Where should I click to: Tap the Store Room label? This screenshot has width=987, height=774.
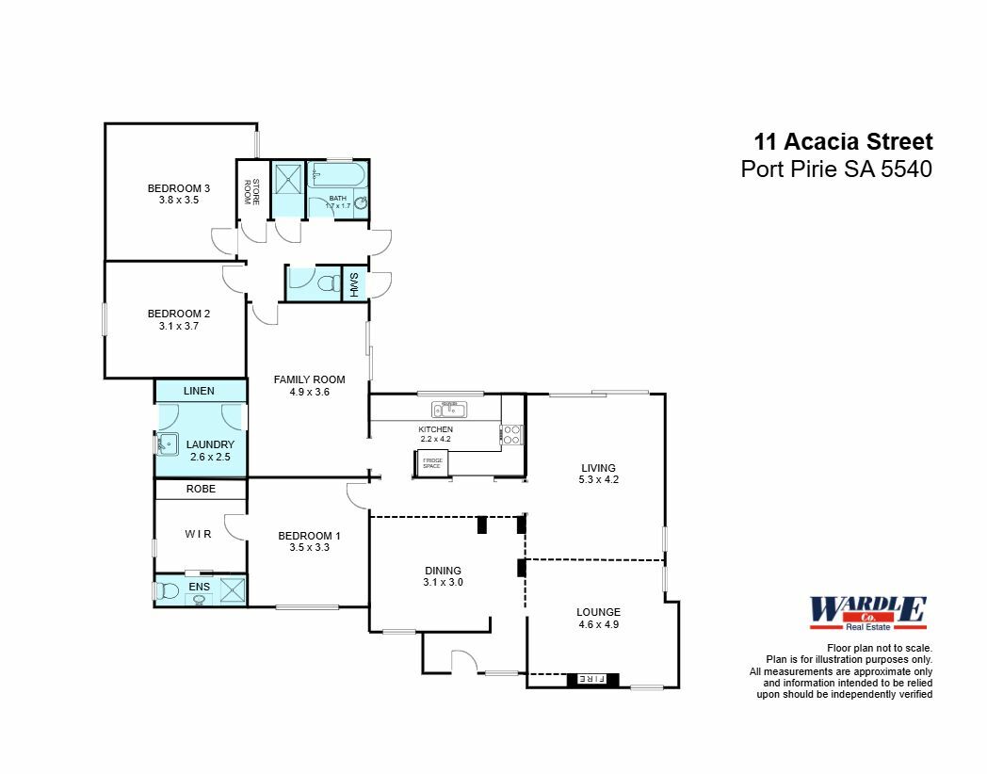pyautogui.click(x=251, y=191)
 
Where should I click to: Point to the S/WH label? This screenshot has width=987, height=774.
pyautogui.click(x=354, y=284)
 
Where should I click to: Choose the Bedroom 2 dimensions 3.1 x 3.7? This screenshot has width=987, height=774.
pyautogui.click(x=178, y=326)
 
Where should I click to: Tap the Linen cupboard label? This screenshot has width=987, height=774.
pyautogui.click(x=199, y=391)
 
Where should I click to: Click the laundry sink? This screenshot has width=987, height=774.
pyautogui.click(x=168, y=443)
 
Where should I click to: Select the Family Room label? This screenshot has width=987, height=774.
pyautogui.click(x=309, y=379)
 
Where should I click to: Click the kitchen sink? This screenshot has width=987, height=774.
pyautogui.click(x=449, y=409)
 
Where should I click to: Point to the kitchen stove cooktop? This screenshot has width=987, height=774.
pyautogui.click(x=512, y=435)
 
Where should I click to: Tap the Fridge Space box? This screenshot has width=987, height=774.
pyautogui.click(x=432, y=463)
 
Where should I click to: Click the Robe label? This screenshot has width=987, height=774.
pyautogui.click(x=201, y=490)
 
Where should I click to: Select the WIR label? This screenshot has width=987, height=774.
pyautogui.click(x=198, y=535)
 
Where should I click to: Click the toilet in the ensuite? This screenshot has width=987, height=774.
pyautogui.click(x=168, y=591)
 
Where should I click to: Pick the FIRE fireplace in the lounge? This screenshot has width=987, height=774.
pyautogui.click(x=591, y=678)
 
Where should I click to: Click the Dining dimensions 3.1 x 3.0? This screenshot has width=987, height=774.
pyautogui.click(x=443, y=582)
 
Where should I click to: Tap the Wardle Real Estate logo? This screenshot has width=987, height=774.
pyautogui.click(x=867, y=613)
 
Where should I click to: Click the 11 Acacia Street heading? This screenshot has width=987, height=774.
pyautogui.click(x=843, y=142)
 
